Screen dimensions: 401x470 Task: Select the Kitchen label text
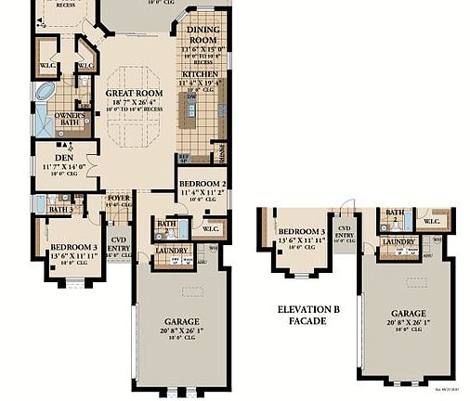200,73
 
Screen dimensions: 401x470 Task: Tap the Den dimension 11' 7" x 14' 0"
64,166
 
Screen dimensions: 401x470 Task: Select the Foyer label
119,198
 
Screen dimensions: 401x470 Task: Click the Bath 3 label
60,210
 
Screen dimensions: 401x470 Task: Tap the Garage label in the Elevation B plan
409,314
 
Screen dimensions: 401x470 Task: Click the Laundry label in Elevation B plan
398,242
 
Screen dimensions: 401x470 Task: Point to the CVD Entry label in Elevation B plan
346,231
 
